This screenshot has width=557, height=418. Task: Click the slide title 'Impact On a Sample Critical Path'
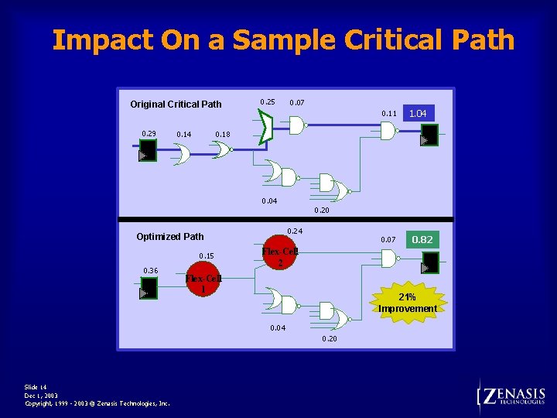click(x=283, y=39)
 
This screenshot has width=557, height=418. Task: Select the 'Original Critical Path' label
click(x=176, y=104)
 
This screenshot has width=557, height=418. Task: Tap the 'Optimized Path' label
click(x=169, y=236)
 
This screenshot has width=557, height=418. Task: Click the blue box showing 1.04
click(x=418, y=113)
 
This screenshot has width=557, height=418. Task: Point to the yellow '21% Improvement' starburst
click(x=408, y=303)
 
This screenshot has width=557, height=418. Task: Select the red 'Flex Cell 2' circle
click(x=279, y=256)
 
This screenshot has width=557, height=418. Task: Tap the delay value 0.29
click(x=149, y=134)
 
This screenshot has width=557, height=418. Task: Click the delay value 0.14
click(x=184, y=135)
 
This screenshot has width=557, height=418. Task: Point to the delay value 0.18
click(x=222, y=135)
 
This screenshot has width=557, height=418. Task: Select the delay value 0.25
click(x=267, y=102)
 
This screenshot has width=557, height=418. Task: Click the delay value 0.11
click(x=389, y=114)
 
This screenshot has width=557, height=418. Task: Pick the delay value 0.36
click(x=150, y=270)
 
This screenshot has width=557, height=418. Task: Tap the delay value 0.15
click(x=207, y=256)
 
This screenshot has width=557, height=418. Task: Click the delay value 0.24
click(x=294, y=231)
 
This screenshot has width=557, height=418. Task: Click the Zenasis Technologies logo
click(x=512, y=397)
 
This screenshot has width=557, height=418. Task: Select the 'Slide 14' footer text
click(x=36, y=387)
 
